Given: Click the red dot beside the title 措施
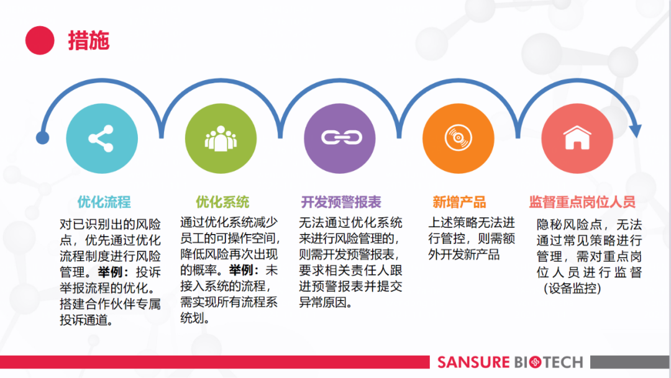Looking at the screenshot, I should pyautogui.click(x=40, y=40).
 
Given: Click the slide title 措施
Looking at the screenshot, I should pyautogui.click(x=89, y=41).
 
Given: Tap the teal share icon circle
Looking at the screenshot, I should pyautogui.click(x=102, y=139).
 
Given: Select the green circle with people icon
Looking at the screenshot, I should pyautogui.click(x=221, y=139).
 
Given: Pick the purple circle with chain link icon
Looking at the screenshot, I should pyautogui.click(x=340, y=139).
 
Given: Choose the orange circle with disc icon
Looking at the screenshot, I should pyautogui.click(x=459, y=139).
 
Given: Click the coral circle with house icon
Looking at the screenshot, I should pyautogui.click(x=577, y=139).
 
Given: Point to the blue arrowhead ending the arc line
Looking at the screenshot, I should pyautogui.click(x=635, y=131).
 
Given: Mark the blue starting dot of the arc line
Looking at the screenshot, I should pyautogui.click(x=42, y=138).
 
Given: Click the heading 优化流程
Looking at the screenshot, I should pyautogui.click(x=104, y=202).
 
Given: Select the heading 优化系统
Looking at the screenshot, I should pyautogui.click(x=222, y=202).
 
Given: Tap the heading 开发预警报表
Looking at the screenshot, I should pyautogui.click(x=341, y=202).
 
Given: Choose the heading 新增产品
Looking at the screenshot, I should pyautogui.click(x=459, y=202).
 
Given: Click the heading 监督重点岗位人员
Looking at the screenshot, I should pyautogui.click(x=582, y=202).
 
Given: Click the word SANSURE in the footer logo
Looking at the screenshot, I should pyautogui.click(x=473, y=362).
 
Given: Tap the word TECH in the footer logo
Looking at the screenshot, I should pyautogui.click(x=563, y=362).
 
